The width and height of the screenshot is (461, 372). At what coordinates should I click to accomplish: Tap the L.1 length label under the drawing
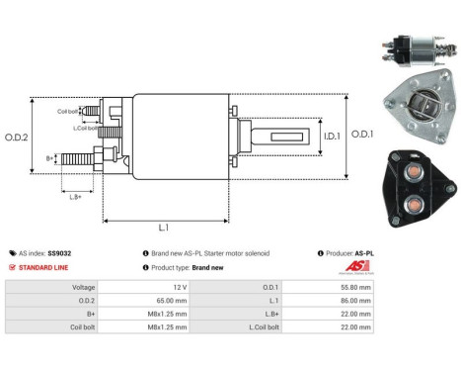163,229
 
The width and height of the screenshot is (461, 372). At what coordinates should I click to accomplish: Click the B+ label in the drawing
50,157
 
